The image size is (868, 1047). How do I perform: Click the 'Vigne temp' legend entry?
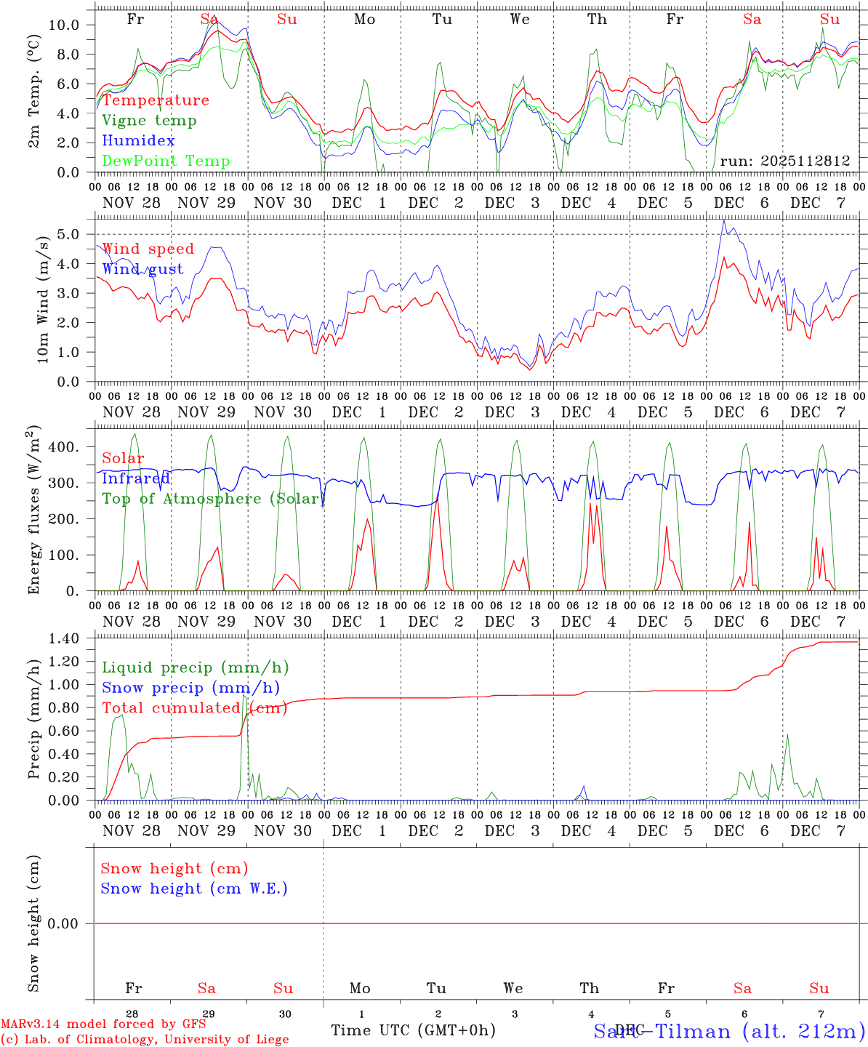point(149,121)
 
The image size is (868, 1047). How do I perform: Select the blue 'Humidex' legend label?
point(138,141)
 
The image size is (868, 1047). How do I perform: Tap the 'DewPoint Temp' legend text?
point(166,161)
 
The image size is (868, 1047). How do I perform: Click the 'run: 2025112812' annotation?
point(784,161)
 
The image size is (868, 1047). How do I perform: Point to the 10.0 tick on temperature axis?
point(63,25)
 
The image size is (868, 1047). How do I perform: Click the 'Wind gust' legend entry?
point(142,269)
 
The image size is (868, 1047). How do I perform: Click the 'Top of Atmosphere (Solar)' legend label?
point(211,499)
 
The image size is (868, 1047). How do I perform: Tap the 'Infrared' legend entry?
point(135,478)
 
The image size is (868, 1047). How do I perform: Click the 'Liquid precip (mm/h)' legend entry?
point(194,667)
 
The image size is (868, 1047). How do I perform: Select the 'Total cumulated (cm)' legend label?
point(194,708)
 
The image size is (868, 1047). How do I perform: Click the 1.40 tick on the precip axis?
point(63,638)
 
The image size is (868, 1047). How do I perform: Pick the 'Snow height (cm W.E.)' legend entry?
point(194,888)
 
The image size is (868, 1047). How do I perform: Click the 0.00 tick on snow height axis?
point(63,923)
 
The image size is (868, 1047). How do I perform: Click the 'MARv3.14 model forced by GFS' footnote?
point(103,1024)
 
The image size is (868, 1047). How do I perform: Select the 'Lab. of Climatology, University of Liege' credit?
point(145,1040)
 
